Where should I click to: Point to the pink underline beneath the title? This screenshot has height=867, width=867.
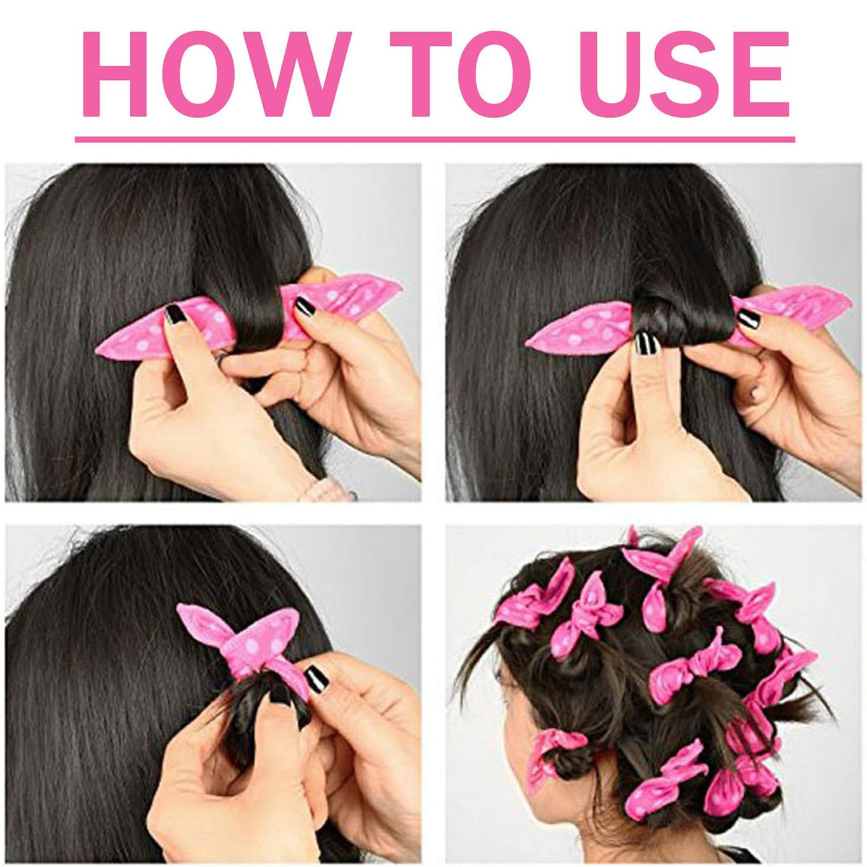click(x=435, y=139)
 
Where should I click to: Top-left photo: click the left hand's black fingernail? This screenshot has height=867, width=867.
click(x=175, y=313)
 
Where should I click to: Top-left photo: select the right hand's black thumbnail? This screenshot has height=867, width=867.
click(x=305, y=308)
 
